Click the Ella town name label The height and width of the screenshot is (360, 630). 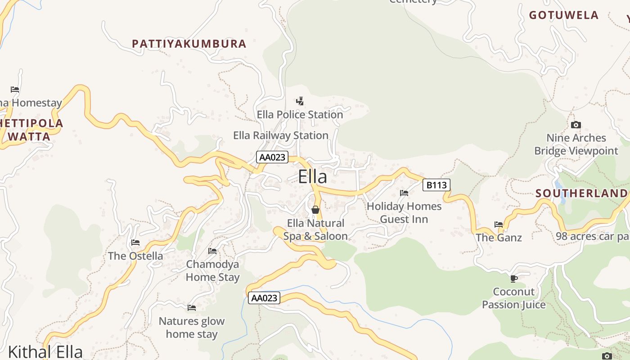312,177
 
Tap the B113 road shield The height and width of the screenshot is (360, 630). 436,185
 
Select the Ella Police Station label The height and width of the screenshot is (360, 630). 300,115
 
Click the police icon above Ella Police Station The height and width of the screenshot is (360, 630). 300,101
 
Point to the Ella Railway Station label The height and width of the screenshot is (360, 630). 281,135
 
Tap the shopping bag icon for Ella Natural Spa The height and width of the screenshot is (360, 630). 315,210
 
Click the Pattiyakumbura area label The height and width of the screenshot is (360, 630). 189,44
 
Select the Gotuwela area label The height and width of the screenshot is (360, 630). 563,15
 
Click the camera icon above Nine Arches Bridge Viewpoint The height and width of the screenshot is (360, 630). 576,125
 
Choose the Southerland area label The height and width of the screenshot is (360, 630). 581,193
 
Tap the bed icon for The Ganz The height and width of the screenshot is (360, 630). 499,224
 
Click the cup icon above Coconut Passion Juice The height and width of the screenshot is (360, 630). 513,279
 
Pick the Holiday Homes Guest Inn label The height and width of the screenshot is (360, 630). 404,212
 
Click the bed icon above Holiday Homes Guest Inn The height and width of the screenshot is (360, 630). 404,193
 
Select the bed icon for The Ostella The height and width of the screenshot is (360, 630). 135,243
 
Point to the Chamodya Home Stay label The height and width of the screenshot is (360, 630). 212,270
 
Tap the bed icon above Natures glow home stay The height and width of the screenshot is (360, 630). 192,308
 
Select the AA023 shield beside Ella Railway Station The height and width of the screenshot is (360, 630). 272,157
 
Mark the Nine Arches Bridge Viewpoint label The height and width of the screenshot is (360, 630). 576,144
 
